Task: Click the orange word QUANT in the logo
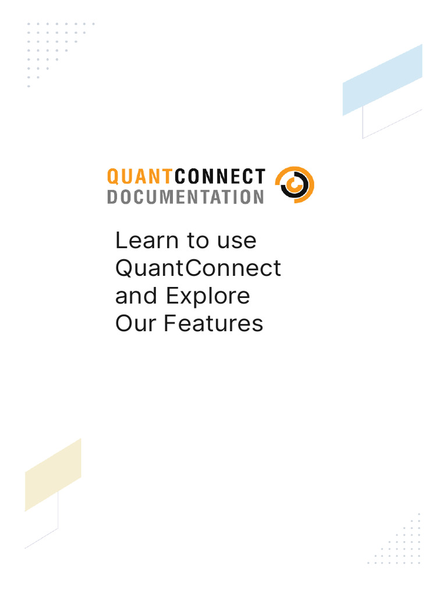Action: click(140, 177)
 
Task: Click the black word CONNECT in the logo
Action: click(220, 177)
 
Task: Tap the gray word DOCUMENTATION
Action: click(186, 197)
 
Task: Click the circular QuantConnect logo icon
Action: click(295, 185)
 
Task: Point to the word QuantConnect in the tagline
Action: click(198, 268)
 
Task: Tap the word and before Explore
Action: click(136, 296)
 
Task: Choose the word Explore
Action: click(208, 297)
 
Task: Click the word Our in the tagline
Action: click(136, 324)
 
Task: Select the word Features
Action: click(213, 324)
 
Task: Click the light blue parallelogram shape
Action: click(382, 80)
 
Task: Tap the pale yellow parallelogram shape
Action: click(53, 475)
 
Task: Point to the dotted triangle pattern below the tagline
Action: click(397, 542)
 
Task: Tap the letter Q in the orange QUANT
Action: click(113, 177)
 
